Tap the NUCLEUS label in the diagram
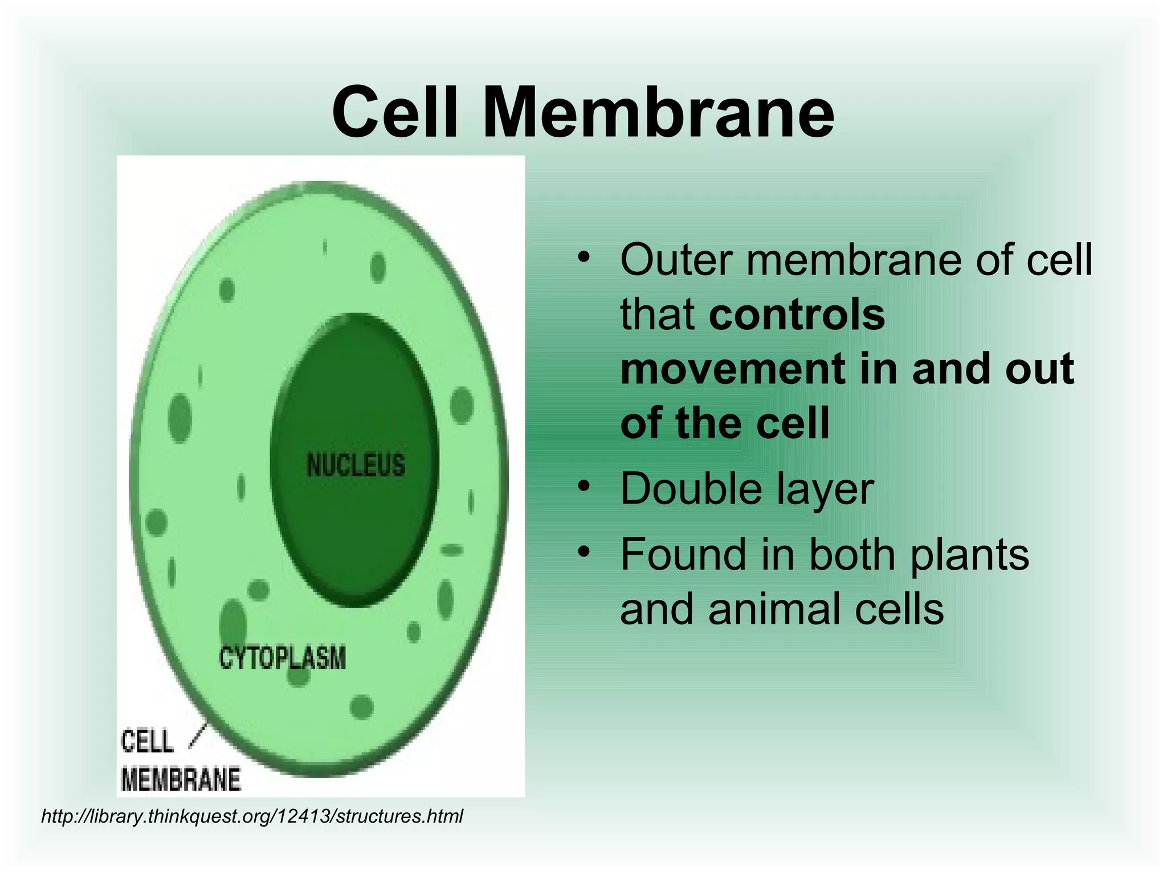[356, 465]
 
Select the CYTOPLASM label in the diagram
[283, 658]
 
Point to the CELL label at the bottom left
[147, 741]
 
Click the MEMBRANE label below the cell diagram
[181, 779]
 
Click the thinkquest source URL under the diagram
[252, 816]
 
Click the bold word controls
[797, 314]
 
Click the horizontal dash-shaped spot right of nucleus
[452, 550]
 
